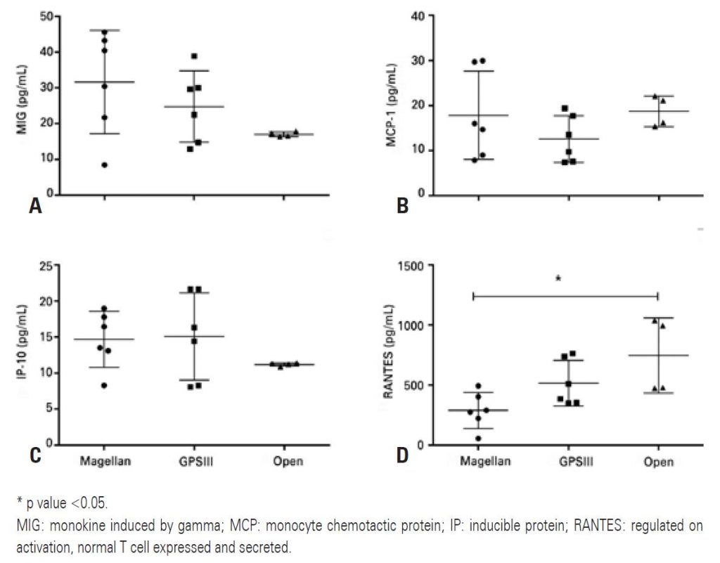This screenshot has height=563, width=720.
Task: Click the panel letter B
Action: tap(403, 205)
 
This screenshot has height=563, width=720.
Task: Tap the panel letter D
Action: tap(402, 456)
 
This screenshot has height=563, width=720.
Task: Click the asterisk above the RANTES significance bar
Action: tap(558, 279)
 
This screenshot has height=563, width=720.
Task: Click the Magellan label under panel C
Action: tap(105, 461)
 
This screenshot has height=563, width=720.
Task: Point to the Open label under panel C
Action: tap(288, 461)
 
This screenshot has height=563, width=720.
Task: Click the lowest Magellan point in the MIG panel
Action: tap(105, 165)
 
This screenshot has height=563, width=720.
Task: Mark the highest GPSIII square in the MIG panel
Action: tap(194, 56)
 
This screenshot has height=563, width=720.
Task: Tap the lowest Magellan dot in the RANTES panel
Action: tap(479, 439)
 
